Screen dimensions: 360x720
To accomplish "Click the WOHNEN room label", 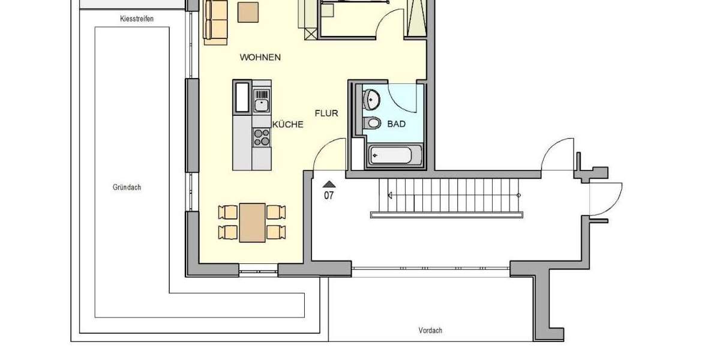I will click(x=260, y=58).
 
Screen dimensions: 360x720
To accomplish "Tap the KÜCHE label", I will click(x=288, y=125).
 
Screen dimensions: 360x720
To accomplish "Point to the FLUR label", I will click(x=327, y=113).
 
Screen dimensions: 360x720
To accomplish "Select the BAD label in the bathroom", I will click(x=397, y=124).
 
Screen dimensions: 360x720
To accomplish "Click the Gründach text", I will click(x=127, y=187).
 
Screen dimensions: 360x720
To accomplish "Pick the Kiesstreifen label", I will click(x=137, y=19).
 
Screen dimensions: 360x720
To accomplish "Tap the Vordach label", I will click(x=430, y=331).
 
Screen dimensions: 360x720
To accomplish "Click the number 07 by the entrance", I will click(x=329, y=196).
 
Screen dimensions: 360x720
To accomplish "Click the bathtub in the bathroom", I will click(x=391, y=155).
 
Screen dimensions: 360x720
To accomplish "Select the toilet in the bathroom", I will click(x=372, y=124).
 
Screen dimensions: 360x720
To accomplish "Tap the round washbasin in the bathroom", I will click(x=371, y=99).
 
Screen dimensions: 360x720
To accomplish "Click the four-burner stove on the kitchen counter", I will click(x=261, y=137).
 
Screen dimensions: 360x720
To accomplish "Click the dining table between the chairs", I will click(x=252, y=222).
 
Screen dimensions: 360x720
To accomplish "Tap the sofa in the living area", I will click(x=216, y=21).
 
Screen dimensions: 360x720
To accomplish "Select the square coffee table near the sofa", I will click(x=248, y=12).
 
